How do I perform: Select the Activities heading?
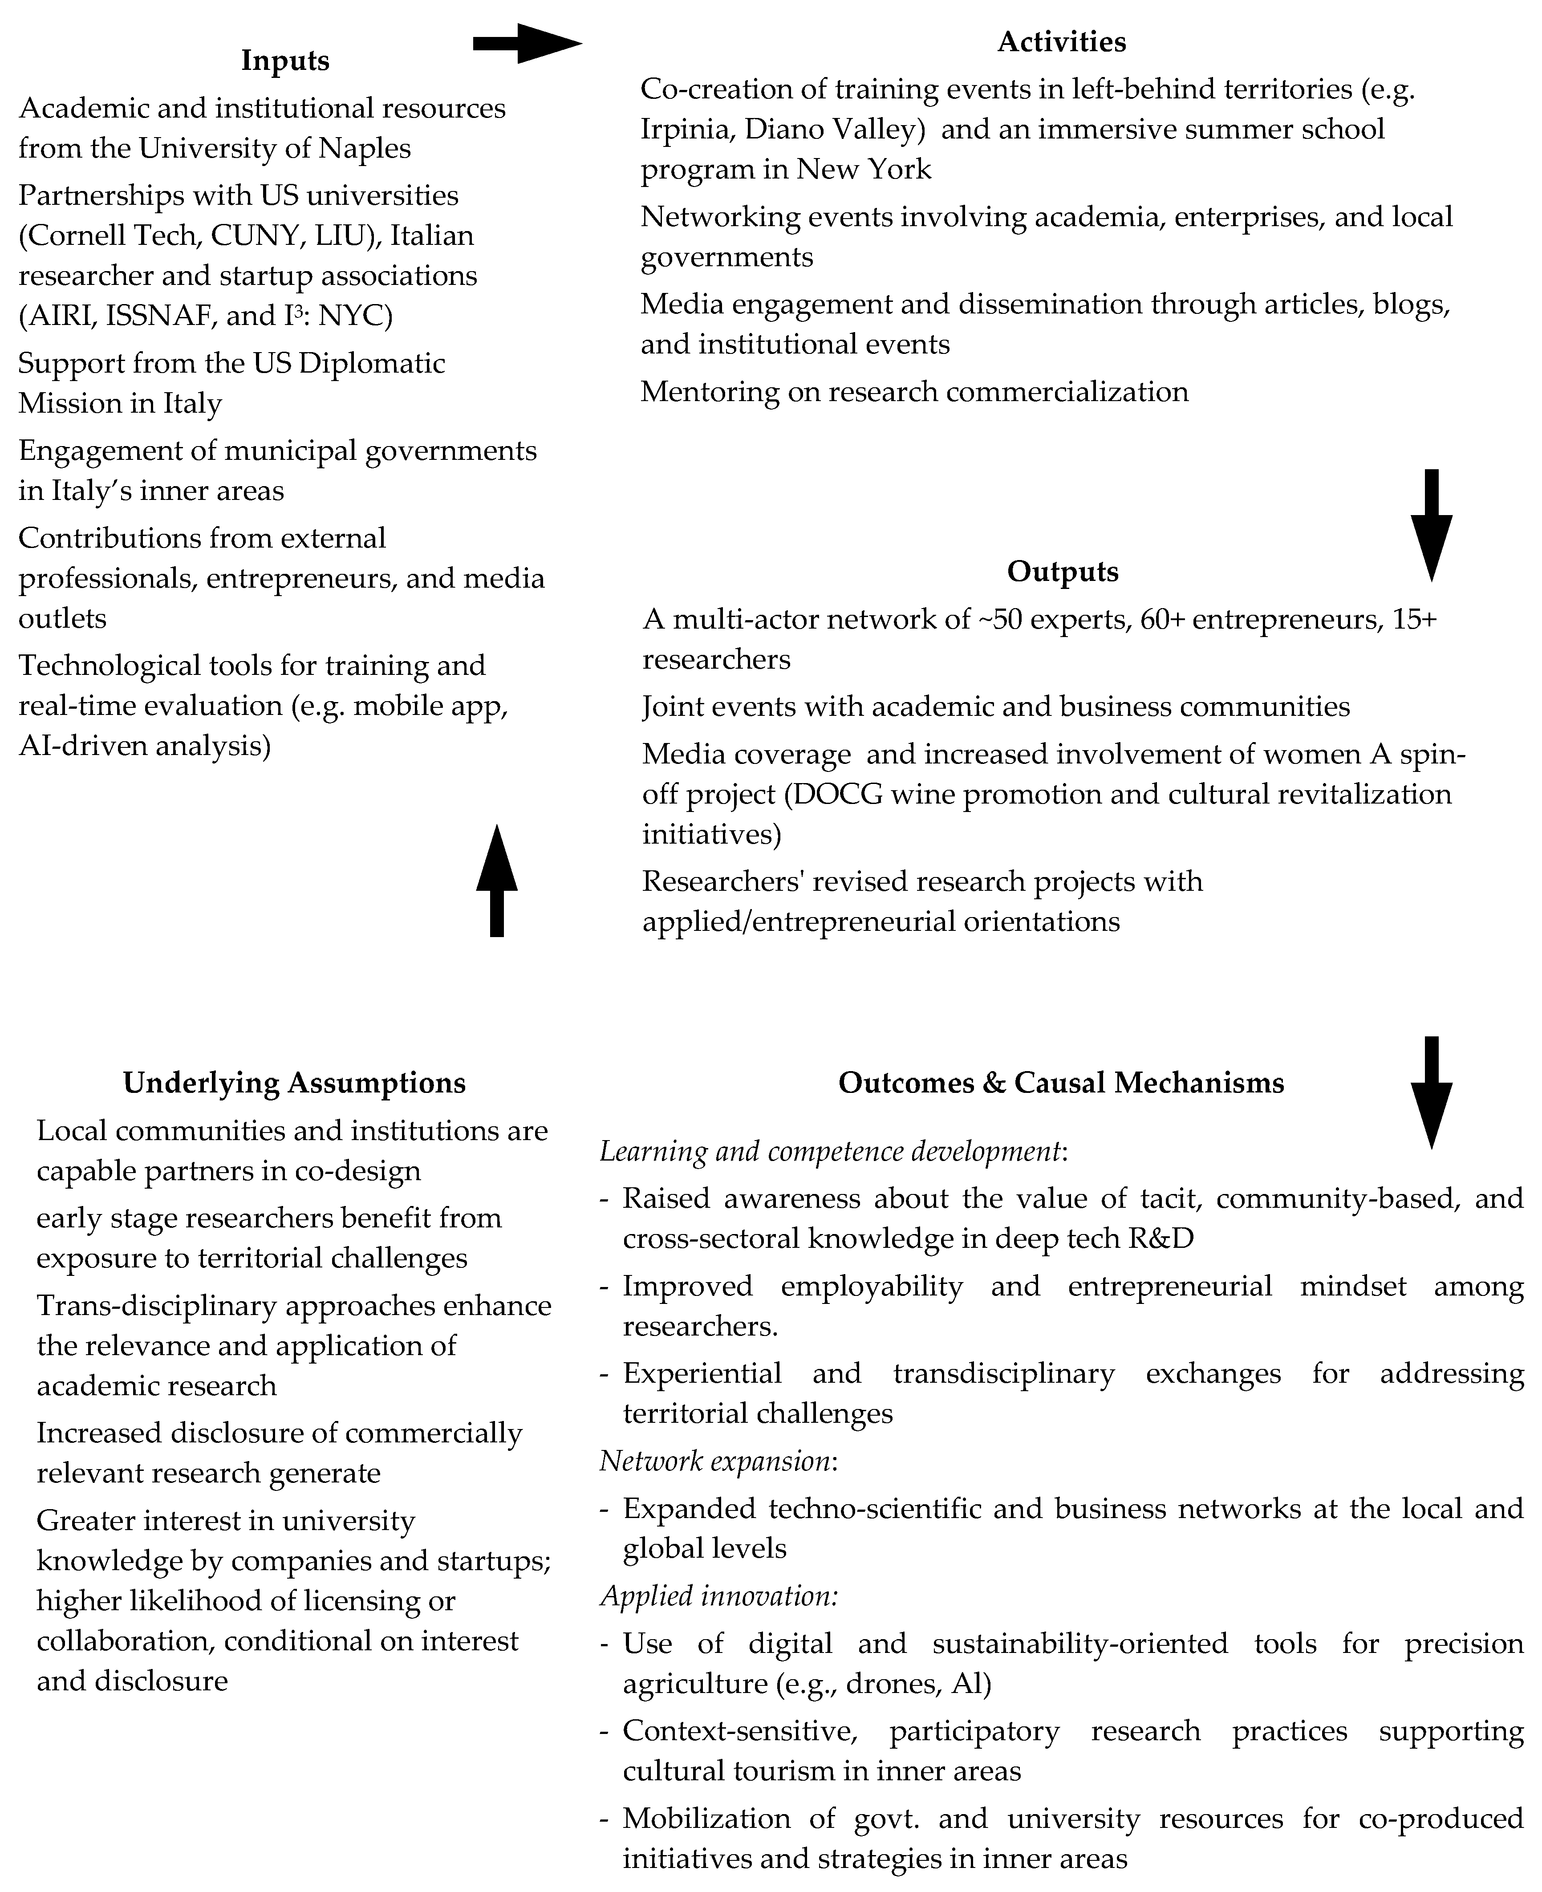click(1061, 42)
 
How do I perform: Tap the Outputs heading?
click(1062, 571)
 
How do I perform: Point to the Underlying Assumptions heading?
click(294, 1083)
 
